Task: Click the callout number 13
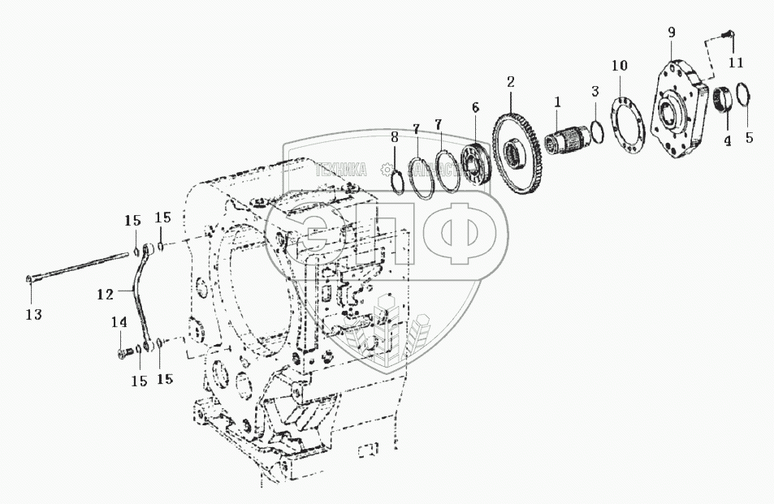tap(35, 314)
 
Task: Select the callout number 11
tap(735, 62)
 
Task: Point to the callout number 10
tap(620, 64)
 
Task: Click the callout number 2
tap(510, 81)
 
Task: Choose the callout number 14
tap(119, 322)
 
